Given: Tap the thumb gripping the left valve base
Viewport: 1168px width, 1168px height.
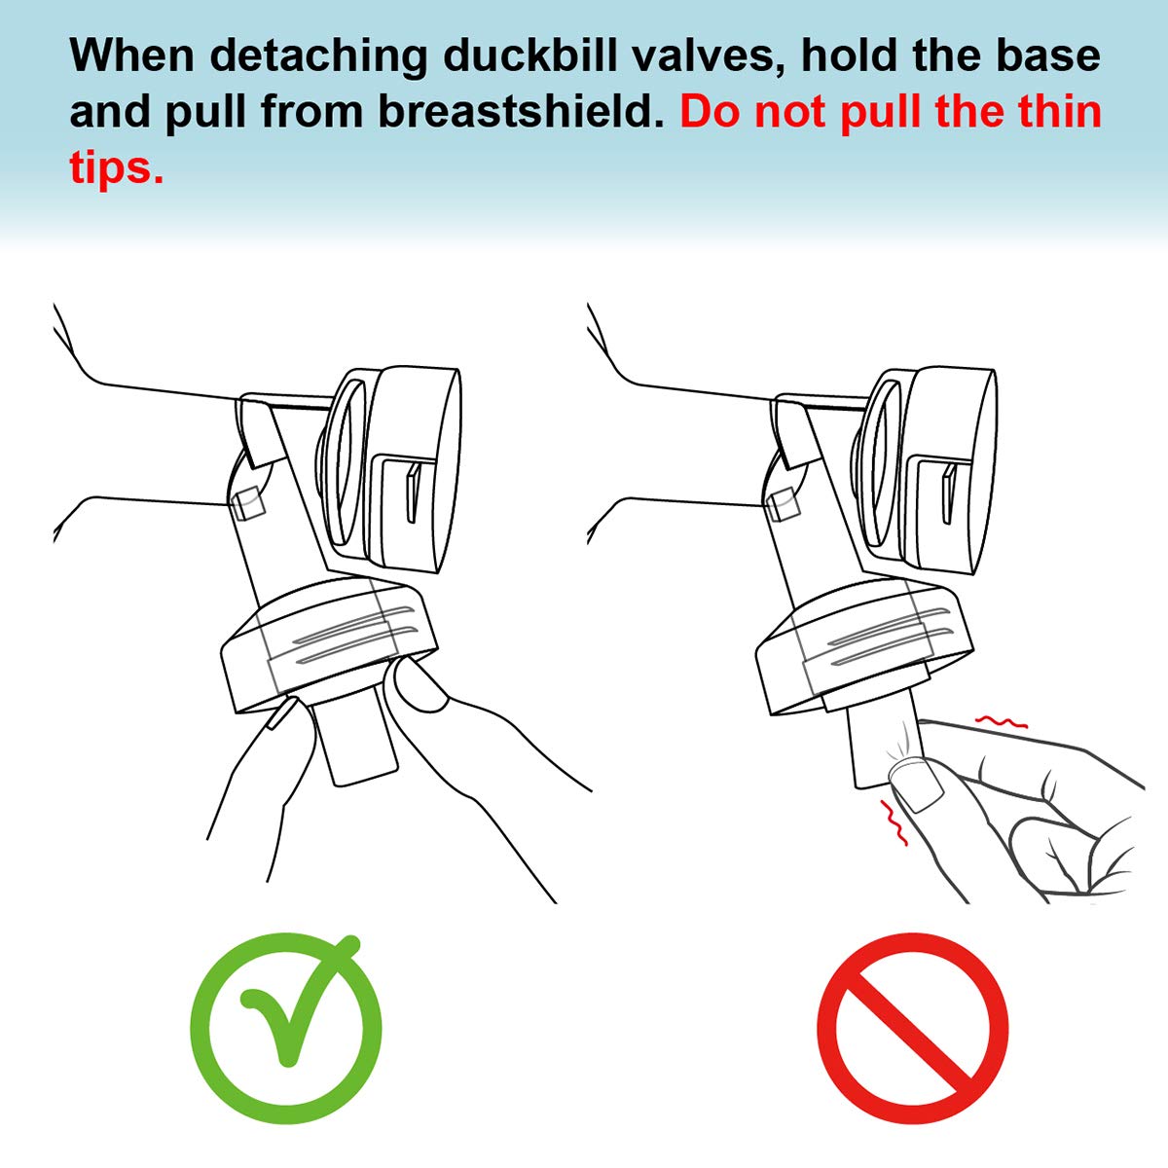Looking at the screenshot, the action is point(419,687).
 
